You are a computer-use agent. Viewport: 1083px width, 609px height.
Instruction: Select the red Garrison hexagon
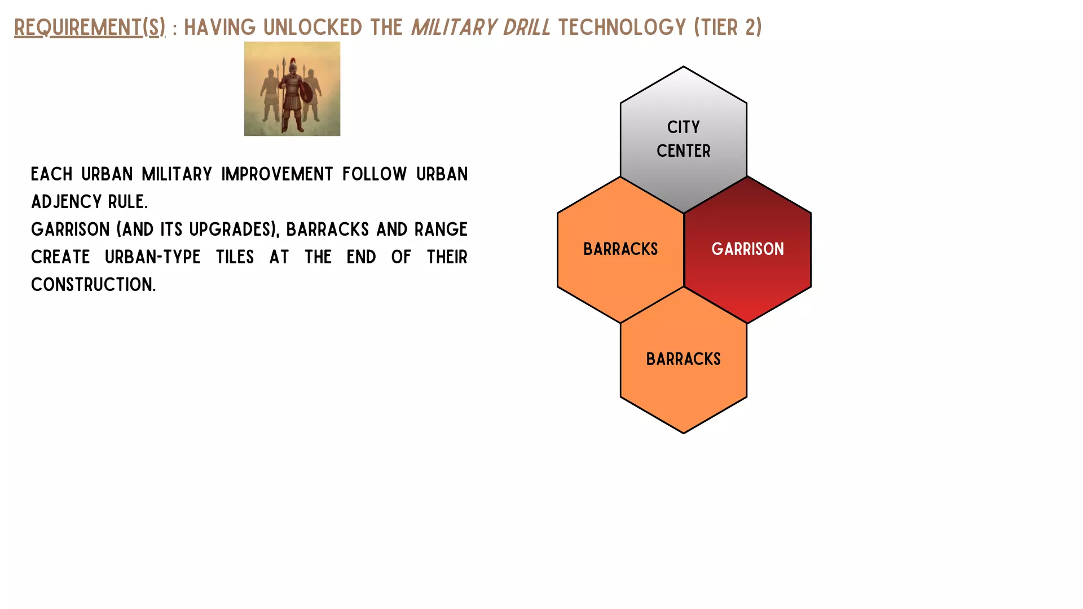[x=747, y=250]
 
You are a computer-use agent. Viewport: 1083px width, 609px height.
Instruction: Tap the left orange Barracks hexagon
[x=620, y=250]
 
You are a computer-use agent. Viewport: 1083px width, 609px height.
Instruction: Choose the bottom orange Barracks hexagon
[x=684, y=360]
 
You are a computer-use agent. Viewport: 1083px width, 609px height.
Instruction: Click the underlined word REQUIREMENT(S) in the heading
[x=90, y=27]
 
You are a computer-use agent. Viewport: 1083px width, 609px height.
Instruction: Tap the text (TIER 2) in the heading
[x=728, y=27]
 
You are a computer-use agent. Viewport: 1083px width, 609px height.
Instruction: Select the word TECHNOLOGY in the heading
[x=622, y=27]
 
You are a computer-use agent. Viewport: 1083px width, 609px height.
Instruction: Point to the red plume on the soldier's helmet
[x=293, y=61]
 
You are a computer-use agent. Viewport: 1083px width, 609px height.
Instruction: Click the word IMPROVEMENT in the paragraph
[x=277, y=174]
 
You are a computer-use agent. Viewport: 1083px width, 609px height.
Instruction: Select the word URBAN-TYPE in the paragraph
[x=153, y=257]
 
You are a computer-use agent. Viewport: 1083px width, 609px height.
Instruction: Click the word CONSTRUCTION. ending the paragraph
[x=93, y=285]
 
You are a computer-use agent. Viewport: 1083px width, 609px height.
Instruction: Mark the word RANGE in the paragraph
[x=441, y=230]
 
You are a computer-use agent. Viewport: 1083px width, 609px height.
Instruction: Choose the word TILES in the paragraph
[x=235, y=257]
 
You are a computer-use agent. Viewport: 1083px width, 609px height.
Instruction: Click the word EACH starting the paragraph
[x=52, y=174]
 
